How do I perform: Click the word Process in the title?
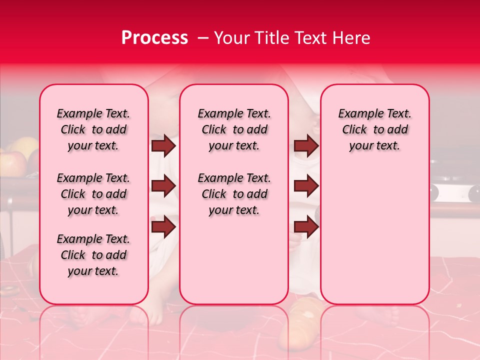[154, 38]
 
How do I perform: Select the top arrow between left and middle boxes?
[163, 145]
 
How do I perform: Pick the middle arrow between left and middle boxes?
[163, 186]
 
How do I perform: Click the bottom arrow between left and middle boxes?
[163, 226]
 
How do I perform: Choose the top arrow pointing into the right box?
[306, 145]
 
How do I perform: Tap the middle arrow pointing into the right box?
[306, 186]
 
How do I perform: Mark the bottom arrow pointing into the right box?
[306, 226]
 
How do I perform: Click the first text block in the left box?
[93, 129]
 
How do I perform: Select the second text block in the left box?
[93, 194]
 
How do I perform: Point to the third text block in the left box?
[93, 255]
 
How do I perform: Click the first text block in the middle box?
[234, 129]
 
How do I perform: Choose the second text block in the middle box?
[234, 194]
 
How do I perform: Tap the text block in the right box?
[374, 129]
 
